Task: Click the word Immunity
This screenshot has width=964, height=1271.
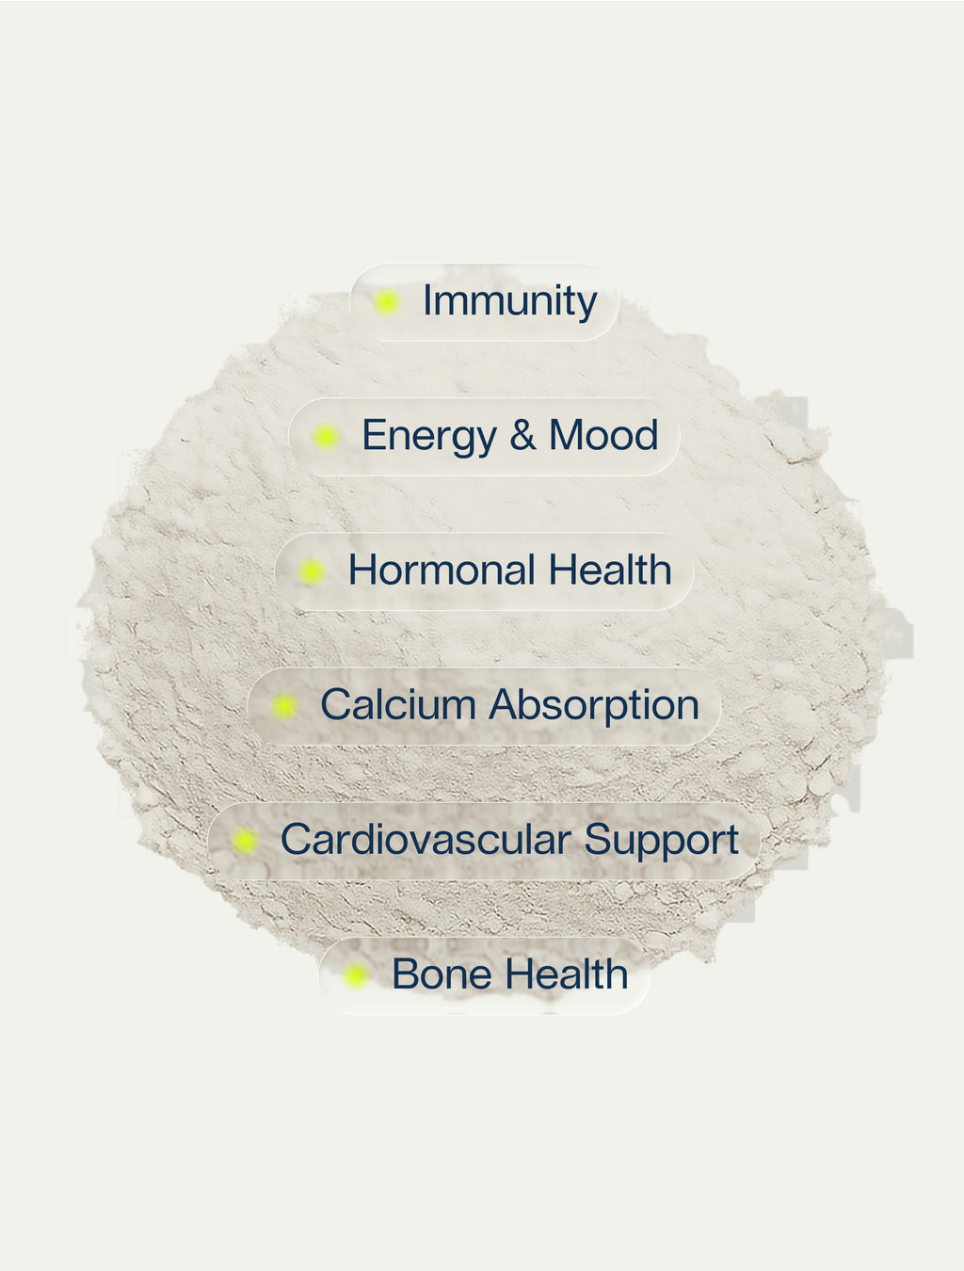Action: [509, 302]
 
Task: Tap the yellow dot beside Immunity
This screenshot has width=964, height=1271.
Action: [386, 302]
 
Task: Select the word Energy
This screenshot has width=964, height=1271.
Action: [428, 437]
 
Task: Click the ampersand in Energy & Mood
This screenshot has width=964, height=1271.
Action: [522, 436]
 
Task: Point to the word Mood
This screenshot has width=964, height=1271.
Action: [602, 436]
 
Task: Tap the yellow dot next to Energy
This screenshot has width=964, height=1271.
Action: [326, 437]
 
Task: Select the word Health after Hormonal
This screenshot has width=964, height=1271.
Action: [609, 571]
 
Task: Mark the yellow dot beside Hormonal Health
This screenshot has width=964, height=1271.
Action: [312, 571]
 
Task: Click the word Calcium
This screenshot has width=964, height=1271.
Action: [398, 705]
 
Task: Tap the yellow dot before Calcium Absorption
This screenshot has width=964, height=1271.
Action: [283, 706]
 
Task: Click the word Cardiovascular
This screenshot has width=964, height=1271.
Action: [426, 840]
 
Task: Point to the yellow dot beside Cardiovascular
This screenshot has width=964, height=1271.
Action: [245, 841]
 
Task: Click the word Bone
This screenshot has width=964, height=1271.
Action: [430, 974]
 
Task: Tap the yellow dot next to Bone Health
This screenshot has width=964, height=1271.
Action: [355, 975]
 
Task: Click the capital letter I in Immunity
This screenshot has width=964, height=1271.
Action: [426, 301]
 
